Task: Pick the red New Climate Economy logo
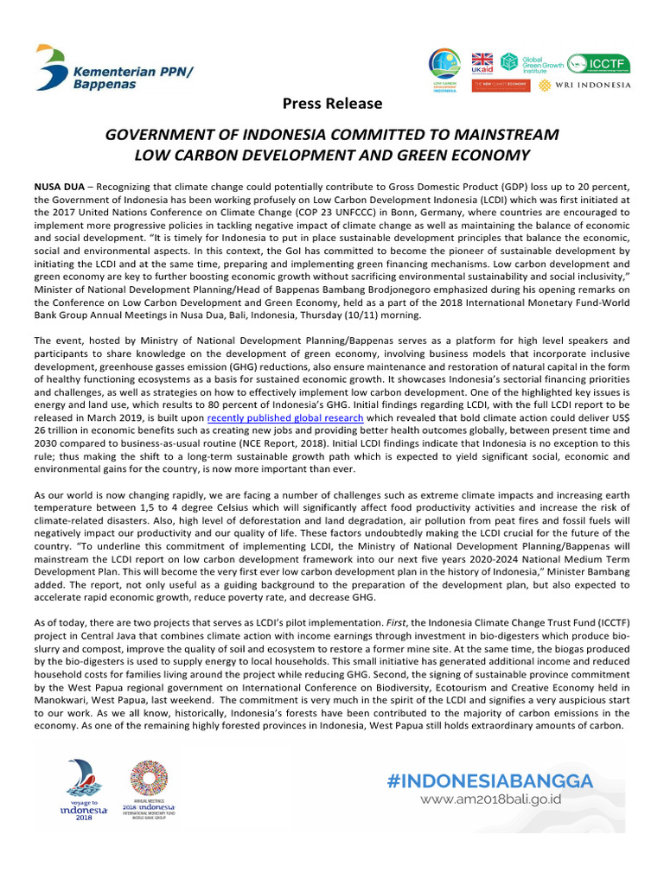500,86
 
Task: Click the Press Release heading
332,104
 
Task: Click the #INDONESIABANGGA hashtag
491,781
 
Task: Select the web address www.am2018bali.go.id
490,799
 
